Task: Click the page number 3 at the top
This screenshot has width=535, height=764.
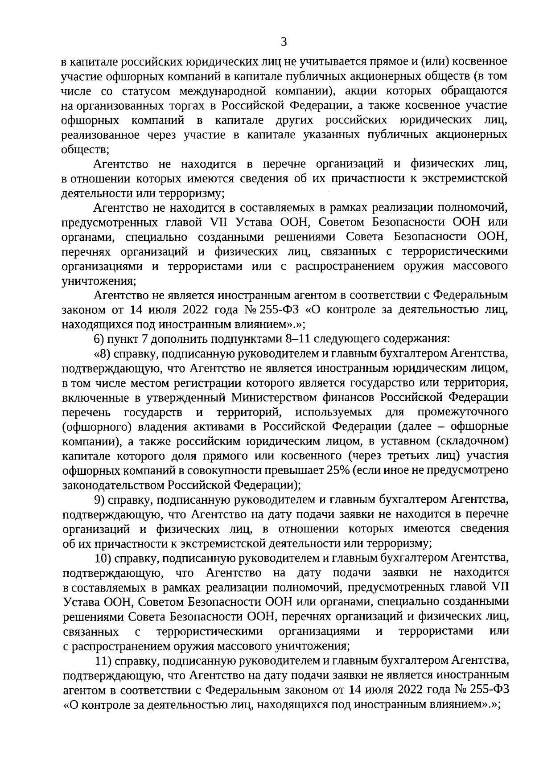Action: (x=284, y=42)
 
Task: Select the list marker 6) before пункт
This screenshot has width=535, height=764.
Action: (x=100, y=339)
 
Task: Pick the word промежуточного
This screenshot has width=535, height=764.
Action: (x=464, y=411)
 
